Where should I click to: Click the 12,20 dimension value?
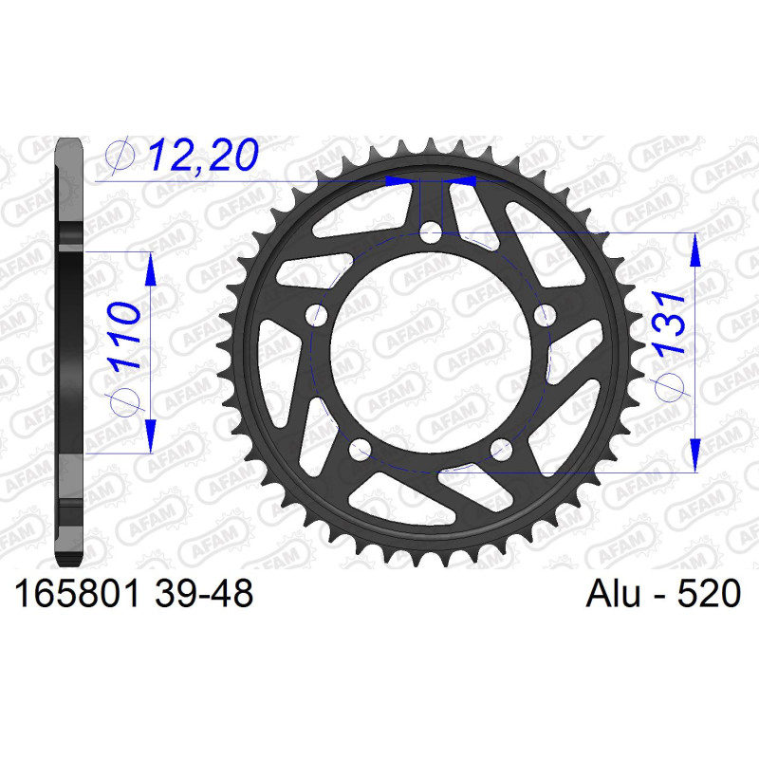tap(203, 155)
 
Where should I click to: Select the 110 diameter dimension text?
tap(124, 336)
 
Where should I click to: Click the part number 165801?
tap(78, 593)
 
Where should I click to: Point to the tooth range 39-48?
tap(204, 593)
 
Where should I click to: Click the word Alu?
tap(613, 593)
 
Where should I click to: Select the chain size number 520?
tap(709, 593)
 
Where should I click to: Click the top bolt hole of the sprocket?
tap(431, 232)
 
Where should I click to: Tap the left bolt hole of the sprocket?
tap(317, 316)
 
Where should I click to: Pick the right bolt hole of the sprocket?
tap(545, 316)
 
